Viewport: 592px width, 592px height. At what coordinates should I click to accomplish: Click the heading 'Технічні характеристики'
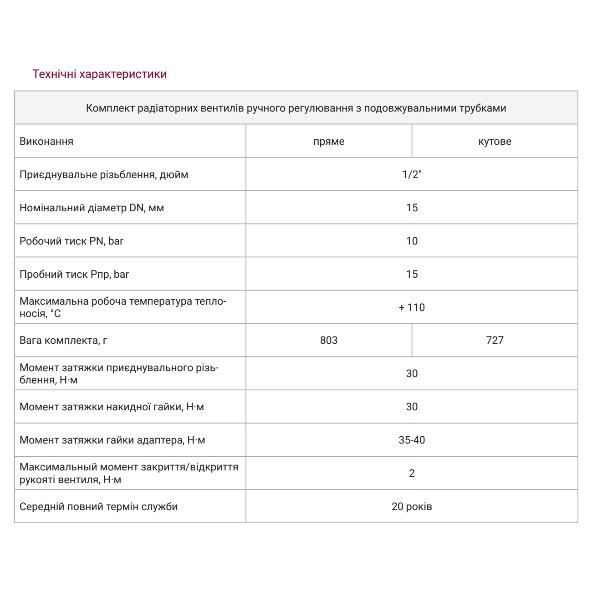pos(99,74)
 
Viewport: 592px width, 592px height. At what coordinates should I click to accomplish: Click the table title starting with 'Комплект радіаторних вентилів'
pos(296,108)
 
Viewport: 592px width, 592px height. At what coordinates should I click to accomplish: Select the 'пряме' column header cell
pos(329,142)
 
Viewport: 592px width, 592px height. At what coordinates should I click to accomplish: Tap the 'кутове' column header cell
pos(495,142)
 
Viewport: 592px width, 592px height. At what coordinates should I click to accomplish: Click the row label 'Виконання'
pos(46,142)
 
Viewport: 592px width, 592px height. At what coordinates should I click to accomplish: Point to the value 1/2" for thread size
pos(412,175)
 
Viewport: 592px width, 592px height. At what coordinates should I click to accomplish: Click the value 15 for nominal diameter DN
pos(412,208)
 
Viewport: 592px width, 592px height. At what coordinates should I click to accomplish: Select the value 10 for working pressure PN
pos(412,241)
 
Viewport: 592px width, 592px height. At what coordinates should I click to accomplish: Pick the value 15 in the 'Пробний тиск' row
pos(412,275)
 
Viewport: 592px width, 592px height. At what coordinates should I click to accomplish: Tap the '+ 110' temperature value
pos(412,308)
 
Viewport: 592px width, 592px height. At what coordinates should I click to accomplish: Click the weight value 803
pos(329,341)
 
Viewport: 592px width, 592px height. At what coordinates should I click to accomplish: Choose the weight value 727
pos(495,341)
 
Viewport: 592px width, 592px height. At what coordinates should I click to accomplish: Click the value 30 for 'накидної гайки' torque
pos(412,407)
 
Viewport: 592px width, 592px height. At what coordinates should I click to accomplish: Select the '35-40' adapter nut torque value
pos(412,440)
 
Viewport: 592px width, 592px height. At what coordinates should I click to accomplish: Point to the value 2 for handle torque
pos(412,474)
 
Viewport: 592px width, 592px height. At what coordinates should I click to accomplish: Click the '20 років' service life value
pos(412,507)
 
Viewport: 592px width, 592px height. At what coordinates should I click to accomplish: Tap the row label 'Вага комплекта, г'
pos(63,341)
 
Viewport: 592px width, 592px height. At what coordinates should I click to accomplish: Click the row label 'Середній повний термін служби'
pos(98,507)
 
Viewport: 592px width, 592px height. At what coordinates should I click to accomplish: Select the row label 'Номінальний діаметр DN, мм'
pos(92,208)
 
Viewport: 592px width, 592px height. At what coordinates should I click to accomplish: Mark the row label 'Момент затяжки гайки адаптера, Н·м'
pos(112,440)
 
